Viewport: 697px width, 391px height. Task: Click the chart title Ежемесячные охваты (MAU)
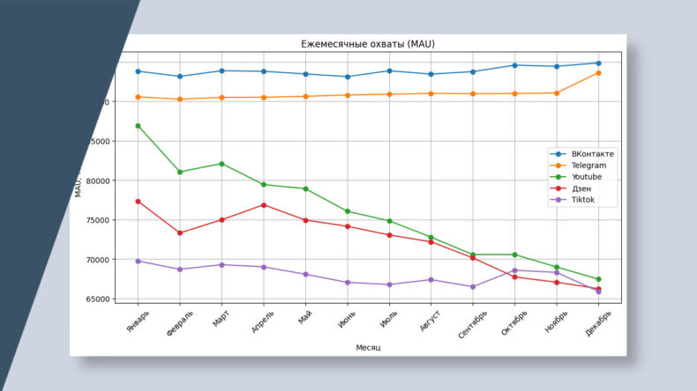(369, 44)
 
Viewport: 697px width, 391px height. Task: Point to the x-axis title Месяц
(368, 348)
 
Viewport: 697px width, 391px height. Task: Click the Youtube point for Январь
(139, 126)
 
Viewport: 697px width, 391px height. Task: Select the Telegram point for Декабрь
(598, 72)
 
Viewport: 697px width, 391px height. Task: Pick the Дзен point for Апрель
(264, 205)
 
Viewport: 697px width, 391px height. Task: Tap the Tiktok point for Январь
(139, 261)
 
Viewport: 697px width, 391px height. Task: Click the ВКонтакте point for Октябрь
(514, 65)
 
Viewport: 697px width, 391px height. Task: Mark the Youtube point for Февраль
(180, 172)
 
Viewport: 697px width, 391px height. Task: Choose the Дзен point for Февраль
(180, 233)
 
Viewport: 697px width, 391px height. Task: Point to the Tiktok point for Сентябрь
(473, 287)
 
